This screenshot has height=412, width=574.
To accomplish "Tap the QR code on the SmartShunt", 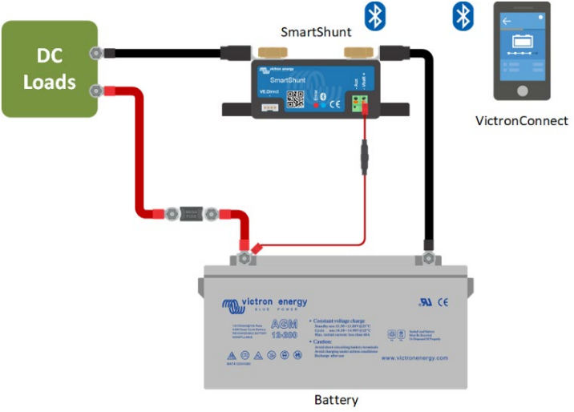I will click(x=296, y=99).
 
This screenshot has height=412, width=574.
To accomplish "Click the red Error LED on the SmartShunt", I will click(x=313, y=105).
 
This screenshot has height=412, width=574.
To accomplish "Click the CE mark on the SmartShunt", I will click(x=336, y=102).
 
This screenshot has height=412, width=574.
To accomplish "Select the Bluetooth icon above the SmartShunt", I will click(x=374, y=15).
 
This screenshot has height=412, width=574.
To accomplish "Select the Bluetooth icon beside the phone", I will click(x=463, y=15).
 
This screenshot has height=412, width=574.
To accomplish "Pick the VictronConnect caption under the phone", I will click(x=521, y=121).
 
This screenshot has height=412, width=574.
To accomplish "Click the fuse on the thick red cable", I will click(x=191, y=214).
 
